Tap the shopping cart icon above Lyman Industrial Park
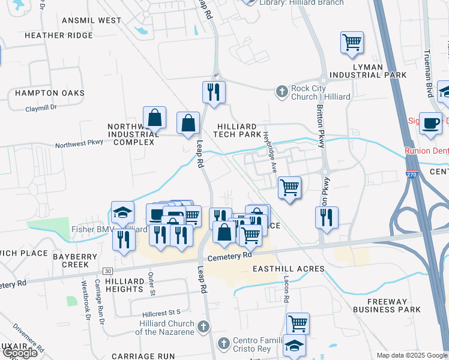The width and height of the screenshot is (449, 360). tap(352, 42)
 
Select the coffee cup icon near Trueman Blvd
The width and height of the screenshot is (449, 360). tap(430, 122)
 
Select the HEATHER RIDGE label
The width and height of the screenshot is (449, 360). tap(58, 35)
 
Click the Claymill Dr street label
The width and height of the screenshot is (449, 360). tap(41, 108)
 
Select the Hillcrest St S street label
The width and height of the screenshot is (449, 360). tap(161, 313)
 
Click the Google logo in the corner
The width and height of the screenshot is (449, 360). tap(19, 352)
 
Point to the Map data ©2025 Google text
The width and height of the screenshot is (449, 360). tap(412, 355)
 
